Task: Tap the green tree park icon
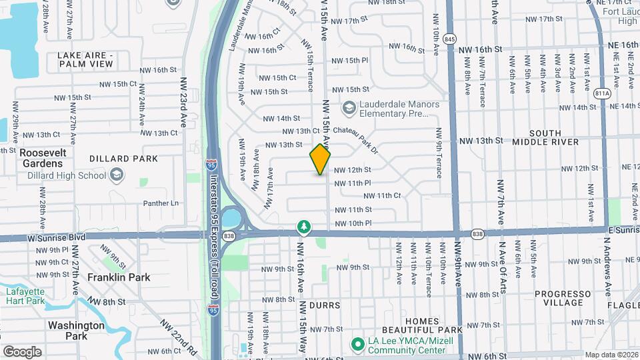coord(304,227)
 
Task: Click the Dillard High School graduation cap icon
coord(117,175)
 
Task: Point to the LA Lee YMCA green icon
coord(358,344)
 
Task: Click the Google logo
coord(22,351)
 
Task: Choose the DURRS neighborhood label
coord(325,305)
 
